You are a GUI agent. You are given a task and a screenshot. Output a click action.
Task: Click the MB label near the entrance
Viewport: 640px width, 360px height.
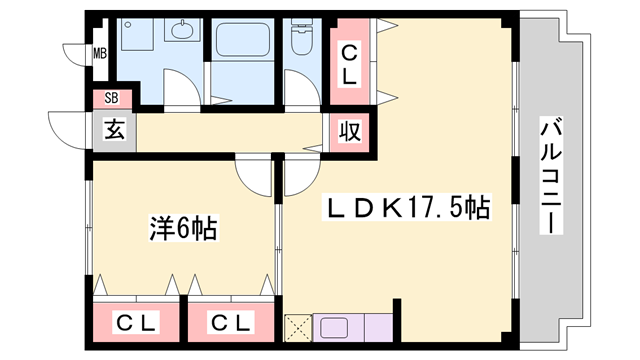pos(100,53)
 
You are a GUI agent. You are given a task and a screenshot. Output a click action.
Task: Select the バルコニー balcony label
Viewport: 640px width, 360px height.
pos(549,176)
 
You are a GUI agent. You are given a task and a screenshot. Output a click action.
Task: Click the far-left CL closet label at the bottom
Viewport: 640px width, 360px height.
pos(135,323)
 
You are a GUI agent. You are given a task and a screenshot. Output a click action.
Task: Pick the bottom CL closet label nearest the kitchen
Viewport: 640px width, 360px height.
pos(230,323)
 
